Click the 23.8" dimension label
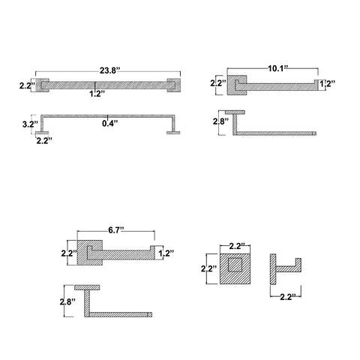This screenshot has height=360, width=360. click(108, 70)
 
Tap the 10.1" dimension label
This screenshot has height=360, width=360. click(278, 68)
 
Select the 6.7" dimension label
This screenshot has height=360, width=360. click(116, 230)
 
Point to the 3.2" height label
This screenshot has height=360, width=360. click(30, 124)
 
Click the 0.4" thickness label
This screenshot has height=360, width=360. click(110, 123)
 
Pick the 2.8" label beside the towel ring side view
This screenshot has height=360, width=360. click(220, 121)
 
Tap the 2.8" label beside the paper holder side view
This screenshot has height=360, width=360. click(67, 302)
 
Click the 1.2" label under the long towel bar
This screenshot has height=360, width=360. click(97, 94)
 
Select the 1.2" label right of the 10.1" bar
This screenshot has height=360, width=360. click(328, 83)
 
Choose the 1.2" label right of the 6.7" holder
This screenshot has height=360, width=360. click(166, 253)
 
